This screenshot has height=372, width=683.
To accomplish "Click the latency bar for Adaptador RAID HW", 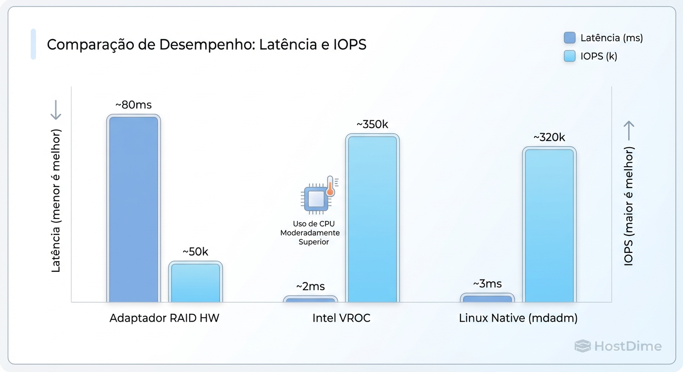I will (133, 209).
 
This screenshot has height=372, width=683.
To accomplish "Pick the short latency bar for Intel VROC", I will (310, 299).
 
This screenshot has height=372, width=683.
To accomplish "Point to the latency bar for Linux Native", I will (488, 298).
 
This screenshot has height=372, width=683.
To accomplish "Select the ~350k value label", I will (372, 124).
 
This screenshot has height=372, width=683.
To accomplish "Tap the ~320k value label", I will (549, 138).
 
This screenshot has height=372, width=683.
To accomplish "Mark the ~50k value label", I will (195, 252).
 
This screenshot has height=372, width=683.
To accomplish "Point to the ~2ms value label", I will (310, 286).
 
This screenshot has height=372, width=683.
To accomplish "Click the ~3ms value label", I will (488, 284).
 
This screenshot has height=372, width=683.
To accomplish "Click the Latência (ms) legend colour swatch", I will (569, 38).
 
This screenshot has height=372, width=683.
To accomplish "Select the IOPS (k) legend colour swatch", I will (569, 56).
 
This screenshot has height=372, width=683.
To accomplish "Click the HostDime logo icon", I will (582, 346).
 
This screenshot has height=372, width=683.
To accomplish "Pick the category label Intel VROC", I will (341, 318).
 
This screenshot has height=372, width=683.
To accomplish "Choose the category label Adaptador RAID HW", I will (164, 318).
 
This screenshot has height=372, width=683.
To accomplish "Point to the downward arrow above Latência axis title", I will (56, 110).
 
